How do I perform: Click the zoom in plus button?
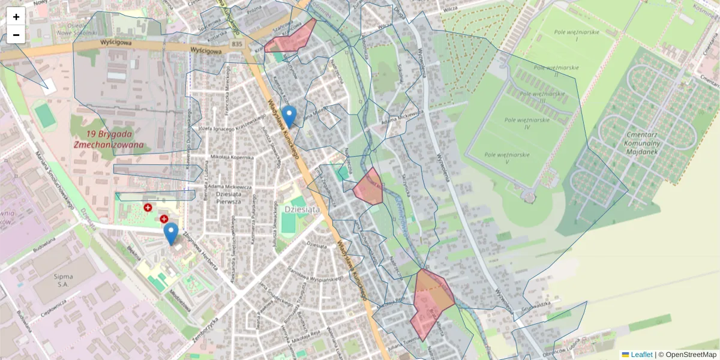coord(16,17)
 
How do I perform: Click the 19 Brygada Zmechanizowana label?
coord(109,139)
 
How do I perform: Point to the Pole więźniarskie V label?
coord(507,158)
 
